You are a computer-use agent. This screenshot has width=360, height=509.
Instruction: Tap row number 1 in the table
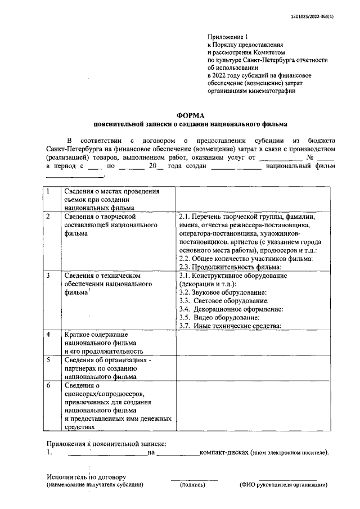click(49, 192)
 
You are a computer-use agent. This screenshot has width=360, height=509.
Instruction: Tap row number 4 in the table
click(49, 334)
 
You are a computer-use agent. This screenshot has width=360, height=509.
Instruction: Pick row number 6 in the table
click(49, 385)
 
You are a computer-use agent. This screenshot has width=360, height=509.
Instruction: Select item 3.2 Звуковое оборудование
click(222, 292)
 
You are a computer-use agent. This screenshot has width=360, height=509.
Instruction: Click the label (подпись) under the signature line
click(192, 484)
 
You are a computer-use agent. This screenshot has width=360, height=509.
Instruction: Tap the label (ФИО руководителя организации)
click(284, 484)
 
